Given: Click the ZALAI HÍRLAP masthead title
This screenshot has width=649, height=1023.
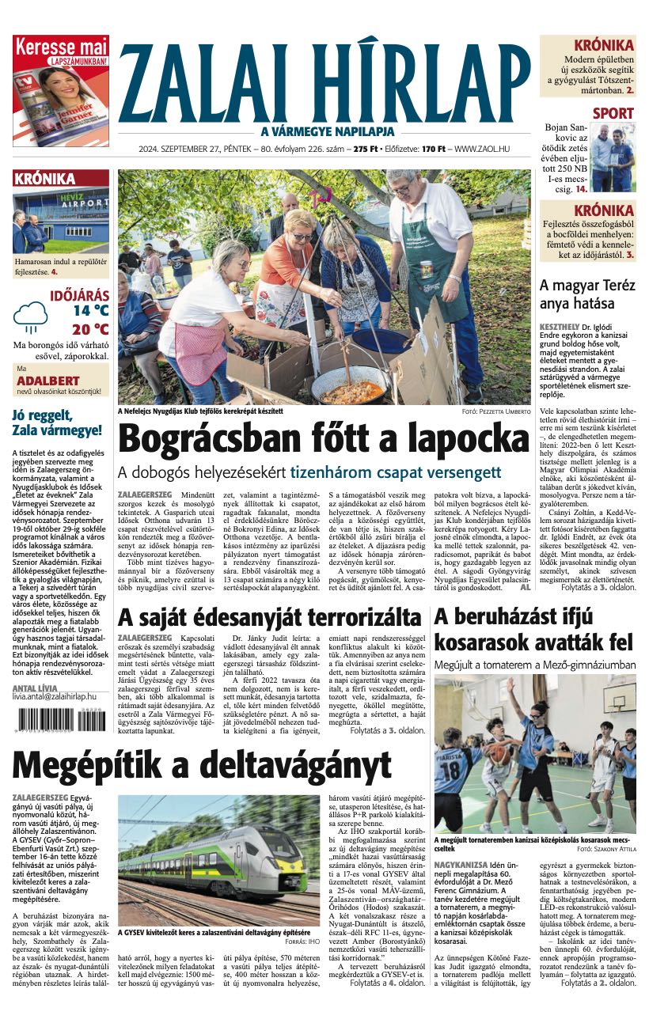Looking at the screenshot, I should pos(324,82).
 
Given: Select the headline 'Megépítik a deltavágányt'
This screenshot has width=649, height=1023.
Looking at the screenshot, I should pos(202,764).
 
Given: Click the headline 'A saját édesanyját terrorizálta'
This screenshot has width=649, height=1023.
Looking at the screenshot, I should pos(269,617).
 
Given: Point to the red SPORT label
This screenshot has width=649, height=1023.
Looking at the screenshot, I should pos(613,113).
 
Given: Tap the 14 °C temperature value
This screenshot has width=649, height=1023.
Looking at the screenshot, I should pos(91,311).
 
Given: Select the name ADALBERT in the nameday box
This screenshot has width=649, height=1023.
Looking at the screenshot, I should pos(48,381).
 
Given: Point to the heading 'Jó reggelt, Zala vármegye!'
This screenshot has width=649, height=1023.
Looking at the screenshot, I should pos(57,423).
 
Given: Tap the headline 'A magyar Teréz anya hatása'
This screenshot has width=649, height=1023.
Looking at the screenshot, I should pos(587,294).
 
